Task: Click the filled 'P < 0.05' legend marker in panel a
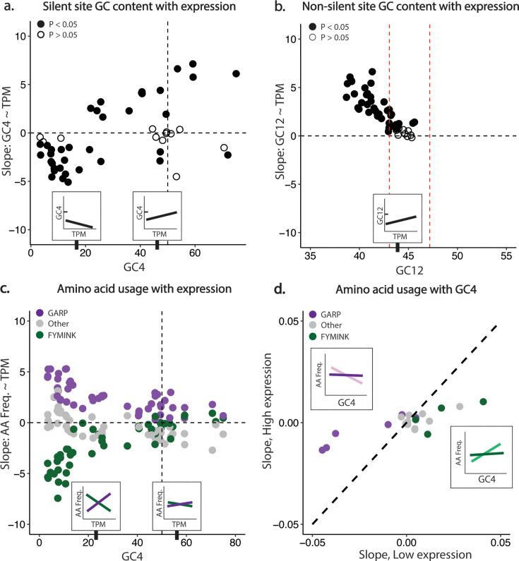coord(42,25)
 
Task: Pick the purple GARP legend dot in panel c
coord(42,312)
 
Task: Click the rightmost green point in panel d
coord(484,402)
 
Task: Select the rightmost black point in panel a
coord(237,73)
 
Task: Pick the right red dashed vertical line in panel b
coord(429,134)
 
